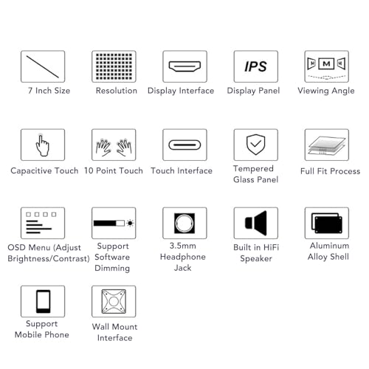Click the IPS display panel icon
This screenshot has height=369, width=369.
pyautogui.click(x=256, y=66)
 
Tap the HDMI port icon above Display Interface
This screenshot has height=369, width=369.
pyautogui.click(x=184, y=66)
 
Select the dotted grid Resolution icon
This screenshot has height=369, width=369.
pyautogui.click(x=114, y=66)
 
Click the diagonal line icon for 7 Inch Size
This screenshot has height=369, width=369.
pyautogui.click(x=43, y=66)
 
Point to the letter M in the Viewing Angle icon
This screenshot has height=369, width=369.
pyautogui.click(x=326, y=64)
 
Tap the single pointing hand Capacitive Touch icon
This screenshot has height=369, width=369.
pyautogui.click(x=42, y=145)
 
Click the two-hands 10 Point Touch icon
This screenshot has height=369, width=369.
pyautogui.click(x=114, y=147)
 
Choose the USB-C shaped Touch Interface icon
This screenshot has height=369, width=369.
pyautogui.click(x=184, y=145)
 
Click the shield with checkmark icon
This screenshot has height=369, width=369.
pyautogui.click(x=256, y=145)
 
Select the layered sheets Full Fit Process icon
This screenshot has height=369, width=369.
pyautogui.click(x=327, y=145)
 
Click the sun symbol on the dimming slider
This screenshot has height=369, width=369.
pyautogui.click(x=130, y=223)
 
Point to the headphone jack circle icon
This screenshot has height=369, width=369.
pyautogui.click(x=184, y=223)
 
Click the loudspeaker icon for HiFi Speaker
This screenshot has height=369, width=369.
pyautogui.click(x=256, y=223)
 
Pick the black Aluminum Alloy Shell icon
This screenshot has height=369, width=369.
pyautogui.click(x=327, y=223)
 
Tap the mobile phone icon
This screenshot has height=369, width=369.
pyautogui.click(x=44, y=301)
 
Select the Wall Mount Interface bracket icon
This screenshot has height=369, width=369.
pyautogui.click(x=114, y=301)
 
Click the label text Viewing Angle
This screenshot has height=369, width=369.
pyautogui.click(x=326, y=91)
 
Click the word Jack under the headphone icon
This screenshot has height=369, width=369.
pyautogui.click(x=183, y=268)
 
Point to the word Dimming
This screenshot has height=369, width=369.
pyautogui.click(x=112, y=268)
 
